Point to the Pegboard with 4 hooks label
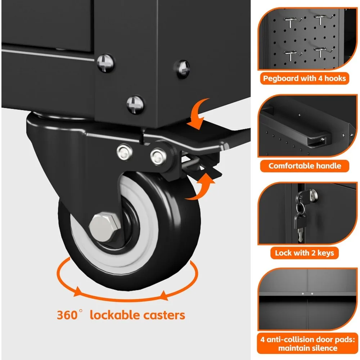click(x=304, y=78)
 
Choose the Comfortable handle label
click(x=304, y=166)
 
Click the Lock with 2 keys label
click(x=304, y=253)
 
